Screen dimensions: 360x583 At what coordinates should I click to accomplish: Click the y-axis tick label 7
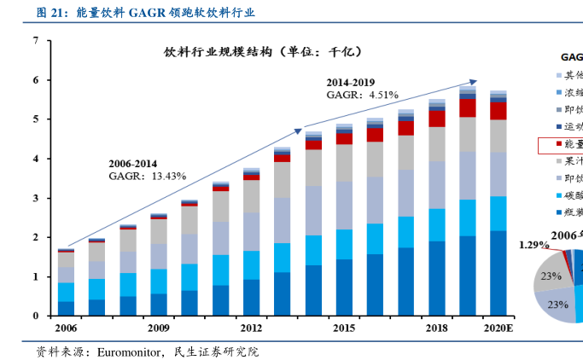point(35,41)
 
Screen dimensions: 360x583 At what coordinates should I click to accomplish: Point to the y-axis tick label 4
point(35,159)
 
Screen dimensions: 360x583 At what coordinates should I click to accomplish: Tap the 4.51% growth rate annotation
point(383,96)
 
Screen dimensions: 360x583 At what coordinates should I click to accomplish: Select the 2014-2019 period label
point(350,83)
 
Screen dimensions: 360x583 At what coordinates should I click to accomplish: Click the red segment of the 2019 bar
point(467,107)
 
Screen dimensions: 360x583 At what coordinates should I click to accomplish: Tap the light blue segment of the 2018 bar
point(436,224)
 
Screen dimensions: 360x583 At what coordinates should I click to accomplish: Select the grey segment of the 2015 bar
point(344,162)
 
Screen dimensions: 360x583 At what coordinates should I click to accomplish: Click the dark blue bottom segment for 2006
point(66,308)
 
